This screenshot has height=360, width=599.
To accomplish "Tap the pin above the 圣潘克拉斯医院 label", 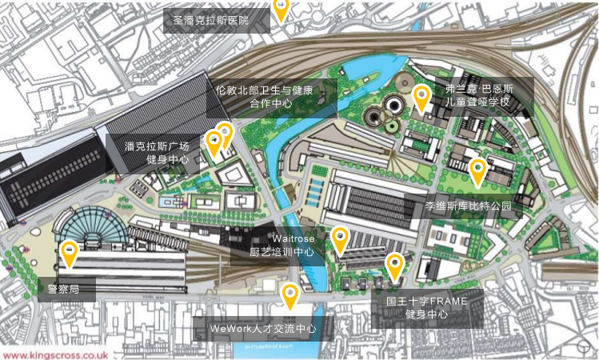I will (x=281, y=7).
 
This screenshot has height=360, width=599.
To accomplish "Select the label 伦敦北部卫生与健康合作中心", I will (x=270, y=96).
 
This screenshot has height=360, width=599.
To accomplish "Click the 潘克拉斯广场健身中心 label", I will (x=157, y=153).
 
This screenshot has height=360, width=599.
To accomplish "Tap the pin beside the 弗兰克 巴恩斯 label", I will (x=421, y=98).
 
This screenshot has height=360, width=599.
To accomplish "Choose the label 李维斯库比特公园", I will (x=468, y=206).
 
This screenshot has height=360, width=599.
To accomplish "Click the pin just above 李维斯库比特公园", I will (x=477, y=171).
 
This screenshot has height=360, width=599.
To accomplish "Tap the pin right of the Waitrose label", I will (x=340, y=239).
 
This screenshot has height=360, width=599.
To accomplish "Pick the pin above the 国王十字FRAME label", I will (x=394, y=265).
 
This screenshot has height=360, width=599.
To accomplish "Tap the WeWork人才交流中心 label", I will (x=262, y=328).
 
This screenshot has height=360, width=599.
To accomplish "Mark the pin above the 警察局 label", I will (x=70, y=254).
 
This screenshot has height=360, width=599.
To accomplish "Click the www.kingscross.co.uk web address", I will (x=55, y=353).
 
